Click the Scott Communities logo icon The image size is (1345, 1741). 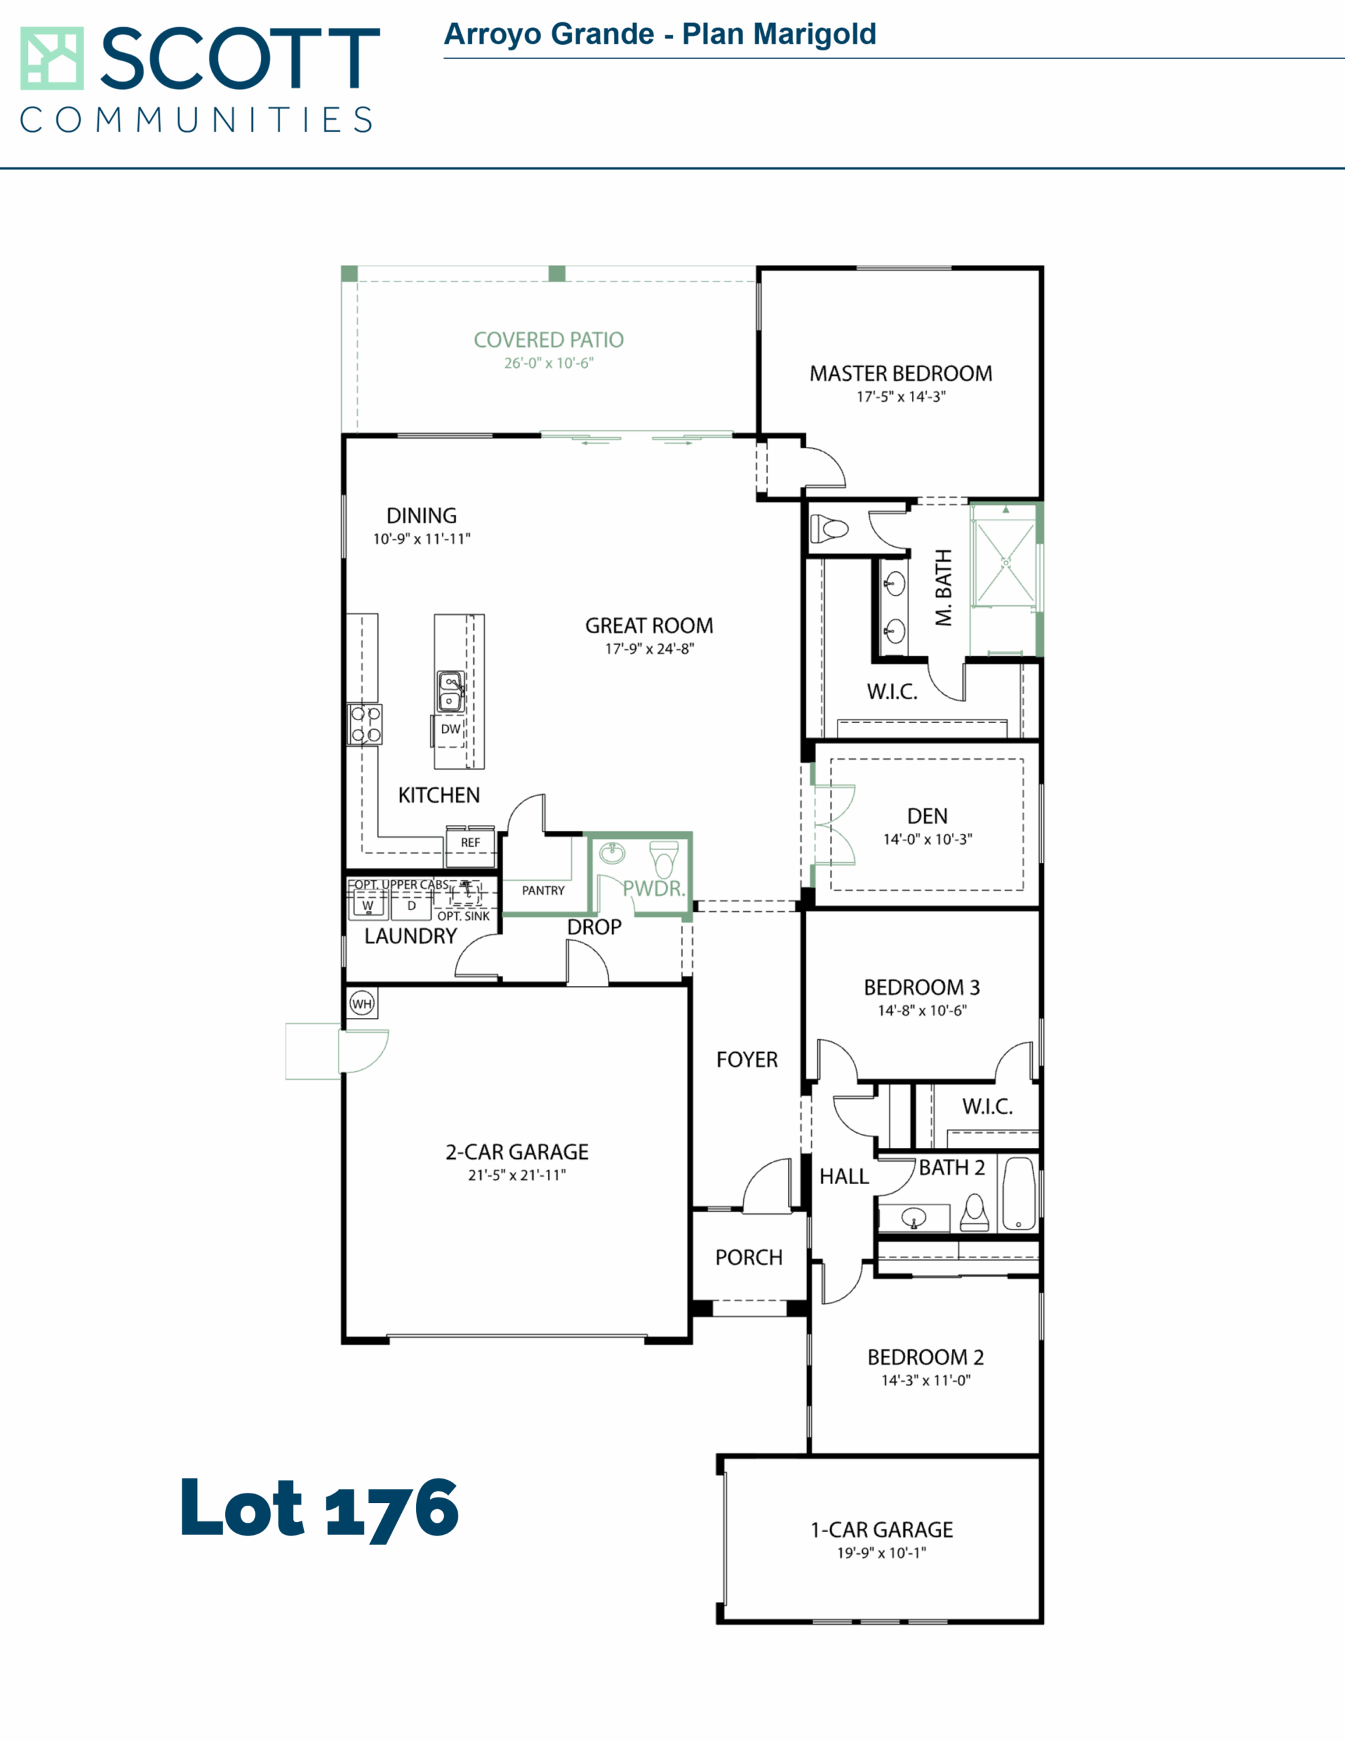coord(52,58)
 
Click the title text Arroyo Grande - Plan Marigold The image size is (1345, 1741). coord(660,34)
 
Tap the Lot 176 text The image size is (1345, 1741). coord(320,1509)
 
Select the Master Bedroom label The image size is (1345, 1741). coord(901,373)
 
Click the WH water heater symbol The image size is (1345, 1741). coord(362,1004)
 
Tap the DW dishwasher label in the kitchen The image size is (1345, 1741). coord(450,728)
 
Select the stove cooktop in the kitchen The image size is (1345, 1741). coord(365,724)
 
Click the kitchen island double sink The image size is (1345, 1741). coord(450,691)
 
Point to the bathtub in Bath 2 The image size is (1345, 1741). coord(1019,1194)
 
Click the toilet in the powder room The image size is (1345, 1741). coord(664,860)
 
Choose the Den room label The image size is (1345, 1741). coord(927,816)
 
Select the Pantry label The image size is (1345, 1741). coord(543,890)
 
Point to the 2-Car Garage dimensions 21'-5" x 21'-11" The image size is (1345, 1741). coord(517,1175)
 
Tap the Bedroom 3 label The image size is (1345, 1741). coord(921,987)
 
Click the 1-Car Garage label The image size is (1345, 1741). coord(882,1529)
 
